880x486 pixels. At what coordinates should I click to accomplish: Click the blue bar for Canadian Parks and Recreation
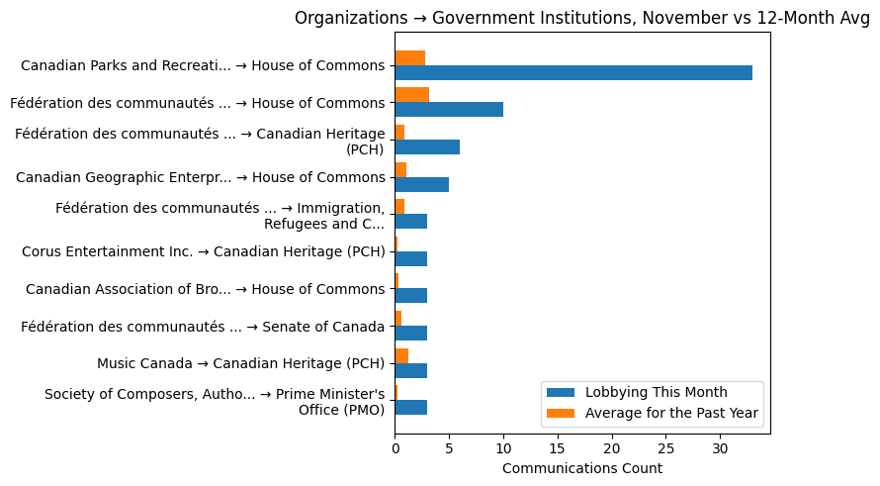coord(573,73)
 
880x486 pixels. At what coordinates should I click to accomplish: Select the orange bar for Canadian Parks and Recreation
coord(409,58)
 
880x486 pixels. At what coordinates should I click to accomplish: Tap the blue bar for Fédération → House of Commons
coord(449,110)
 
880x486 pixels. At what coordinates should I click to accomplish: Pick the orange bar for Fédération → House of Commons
coord(411,95)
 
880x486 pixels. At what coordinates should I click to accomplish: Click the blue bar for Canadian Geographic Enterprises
coord(421,184)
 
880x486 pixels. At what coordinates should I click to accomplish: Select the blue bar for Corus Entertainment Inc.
coord(410,258)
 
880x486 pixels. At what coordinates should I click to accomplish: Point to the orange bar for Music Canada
coord(401,355)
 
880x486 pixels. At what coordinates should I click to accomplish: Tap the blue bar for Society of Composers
coord(410,408)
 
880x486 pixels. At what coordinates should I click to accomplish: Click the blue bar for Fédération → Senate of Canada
coord(410,334)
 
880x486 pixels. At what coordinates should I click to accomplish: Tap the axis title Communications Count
coord(582,468)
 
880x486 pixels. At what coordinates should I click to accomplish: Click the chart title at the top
coord(582,18)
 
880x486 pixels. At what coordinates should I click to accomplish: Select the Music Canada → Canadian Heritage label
coord(240,363)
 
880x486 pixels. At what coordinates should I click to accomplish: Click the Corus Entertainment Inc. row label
coord(203,251)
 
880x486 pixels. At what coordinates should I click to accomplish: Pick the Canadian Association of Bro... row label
coord(205,289)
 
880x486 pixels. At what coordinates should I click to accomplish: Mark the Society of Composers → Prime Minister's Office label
coord(215,402)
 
